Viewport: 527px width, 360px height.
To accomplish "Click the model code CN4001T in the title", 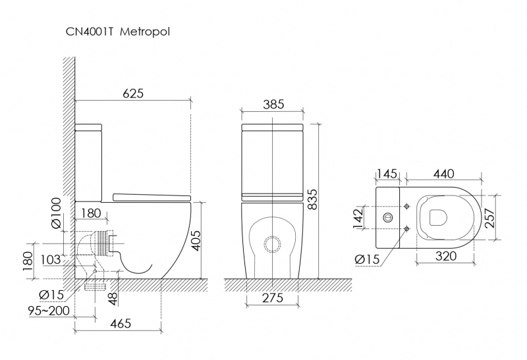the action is click(x=88, y=32).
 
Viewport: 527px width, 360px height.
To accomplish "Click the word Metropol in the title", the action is click(x=145, y=32).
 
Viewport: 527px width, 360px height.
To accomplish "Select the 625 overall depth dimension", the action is click(x=133, y=93).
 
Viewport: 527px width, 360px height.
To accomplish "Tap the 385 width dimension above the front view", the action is click(x=273, y=105).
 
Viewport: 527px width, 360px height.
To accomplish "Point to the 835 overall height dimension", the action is click(x=312, y=199).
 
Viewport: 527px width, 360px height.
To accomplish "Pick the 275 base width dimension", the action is click(x=272, y=297).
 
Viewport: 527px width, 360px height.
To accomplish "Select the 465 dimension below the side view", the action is click(x=121, y=323).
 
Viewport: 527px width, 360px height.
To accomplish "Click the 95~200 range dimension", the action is click(x=49, y=311).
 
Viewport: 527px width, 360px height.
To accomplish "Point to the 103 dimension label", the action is click(x=51, y=259).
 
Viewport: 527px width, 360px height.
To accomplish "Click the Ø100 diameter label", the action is click(x=57, y=213).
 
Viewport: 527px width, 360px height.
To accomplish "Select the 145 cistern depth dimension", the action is click(x=387, y=174).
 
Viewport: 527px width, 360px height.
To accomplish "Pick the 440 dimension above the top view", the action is click(x=443, y=174).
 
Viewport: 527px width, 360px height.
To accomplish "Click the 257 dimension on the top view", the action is click(x=490, y=218).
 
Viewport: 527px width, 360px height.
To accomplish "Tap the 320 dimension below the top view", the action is click(x=446, y=256).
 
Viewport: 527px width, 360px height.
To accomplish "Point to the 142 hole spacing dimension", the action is click(x=358, y=218).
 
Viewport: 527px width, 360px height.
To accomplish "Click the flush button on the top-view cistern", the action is click(x=388, y=217).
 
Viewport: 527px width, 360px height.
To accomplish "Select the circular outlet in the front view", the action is click(x=272, y=244).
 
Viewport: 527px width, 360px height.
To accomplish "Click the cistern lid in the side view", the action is click(x=88, y=127).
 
